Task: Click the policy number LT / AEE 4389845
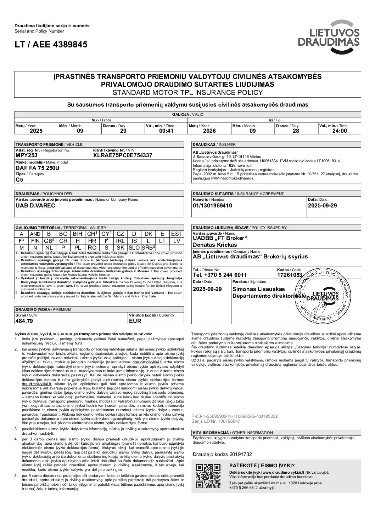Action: coord(51,45)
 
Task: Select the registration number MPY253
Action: coord(27,155)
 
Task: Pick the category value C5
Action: coord(19,179)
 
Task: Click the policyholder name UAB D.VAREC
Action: coord(35,205)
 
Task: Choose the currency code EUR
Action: coord(135,321)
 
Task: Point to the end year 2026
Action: coord(209,131)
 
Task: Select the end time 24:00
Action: coord(339,131)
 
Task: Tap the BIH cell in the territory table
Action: coord(77,234)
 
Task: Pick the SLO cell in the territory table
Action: coord(134,247)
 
